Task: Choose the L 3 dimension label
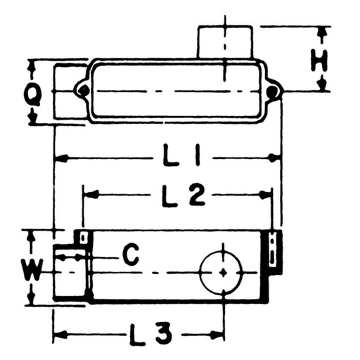[151, 334]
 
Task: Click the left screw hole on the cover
[82, 90]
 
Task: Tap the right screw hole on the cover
[273, 90]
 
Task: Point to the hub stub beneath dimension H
[225, 42]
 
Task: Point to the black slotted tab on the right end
[273, 250]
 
